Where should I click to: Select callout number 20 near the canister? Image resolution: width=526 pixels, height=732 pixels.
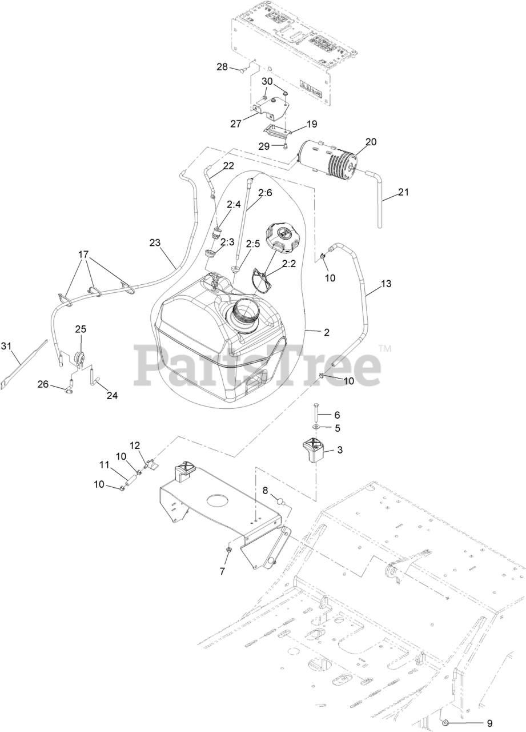pyautogui.click(x=371, y=142)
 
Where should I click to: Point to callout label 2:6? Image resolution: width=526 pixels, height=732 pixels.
pyautogui.click(x=264, y=193)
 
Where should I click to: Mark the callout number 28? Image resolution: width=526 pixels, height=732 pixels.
pyautogui.click(x=222, y=67)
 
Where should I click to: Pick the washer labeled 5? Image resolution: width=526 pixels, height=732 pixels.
pyautogui.click(x=316, y=427)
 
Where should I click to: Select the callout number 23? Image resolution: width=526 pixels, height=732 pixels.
pyautogui.click(x=155, y=242)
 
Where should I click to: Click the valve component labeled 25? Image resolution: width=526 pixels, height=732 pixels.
pyautogui.click(x=80, y=360)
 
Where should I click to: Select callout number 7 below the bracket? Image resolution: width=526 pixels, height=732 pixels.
pyautogui.click(x=223, y=571)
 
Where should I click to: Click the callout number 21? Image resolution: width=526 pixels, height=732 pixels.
pyautogui.click(x=403, y=192)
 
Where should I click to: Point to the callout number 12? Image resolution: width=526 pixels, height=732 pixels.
pyautogui.click(x=135, y=445)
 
